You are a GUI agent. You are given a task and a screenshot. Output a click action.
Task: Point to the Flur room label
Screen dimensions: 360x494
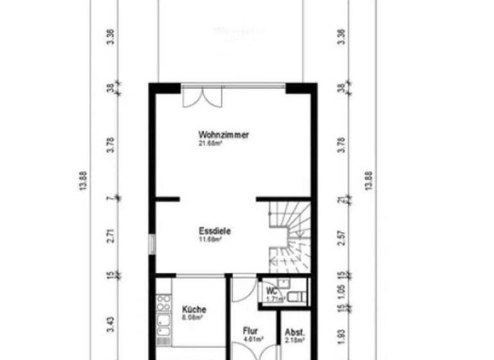[x=250, y=331]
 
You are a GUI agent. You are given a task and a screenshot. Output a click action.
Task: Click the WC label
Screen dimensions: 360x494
[x=273, y=291]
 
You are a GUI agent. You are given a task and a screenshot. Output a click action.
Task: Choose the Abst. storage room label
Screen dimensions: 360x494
[x=294, y=332]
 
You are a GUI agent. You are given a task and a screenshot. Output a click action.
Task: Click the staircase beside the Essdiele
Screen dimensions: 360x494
[x=289, y=235]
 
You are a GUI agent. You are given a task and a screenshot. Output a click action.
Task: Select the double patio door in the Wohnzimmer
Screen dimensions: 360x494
[x=202, y=96]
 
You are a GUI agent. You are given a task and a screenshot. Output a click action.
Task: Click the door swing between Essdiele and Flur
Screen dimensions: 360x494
[x=243, y=289]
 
